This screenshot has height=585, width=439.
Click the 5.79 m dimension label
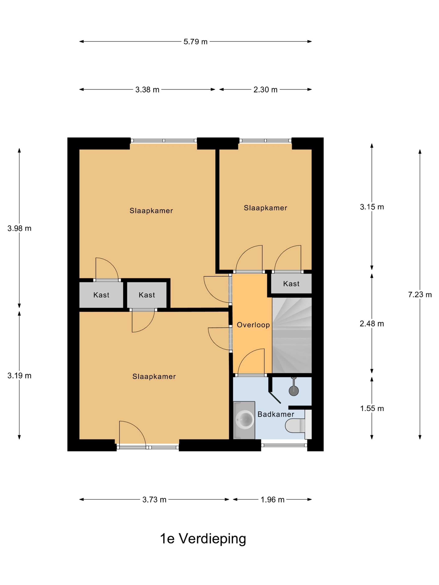click(x=195, y=42)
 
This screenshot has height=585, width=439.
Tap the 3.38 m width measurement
click(x=147, y=90)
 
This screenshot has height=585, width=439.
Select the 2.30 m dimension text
click(x=265, y=90)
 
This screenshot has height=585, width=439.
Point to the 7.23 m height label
click(x=420, y=294)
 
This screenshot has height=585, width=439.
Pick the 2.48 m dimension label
click(x=372, y=324)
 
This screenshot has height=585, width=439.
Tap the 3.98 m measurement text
click(x=19, y=228)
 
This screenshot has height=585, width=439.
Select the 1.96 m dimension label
click(x=273, y=500)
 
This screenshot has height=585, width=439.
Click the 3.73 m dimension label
click(x=154, y=500)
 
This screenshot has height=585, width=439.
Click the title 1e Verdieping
click(x=203, y=539)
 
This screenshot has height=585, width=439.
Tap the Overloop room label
click(x=253, y=325)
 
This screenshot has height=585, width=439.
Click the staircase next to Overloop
click(x=292, y=335)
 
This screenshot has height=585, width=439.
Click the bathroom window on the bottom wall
click(x=284, y=445)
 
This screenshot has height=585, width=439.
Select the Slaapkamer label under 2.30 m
click(x=265, y=208)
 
